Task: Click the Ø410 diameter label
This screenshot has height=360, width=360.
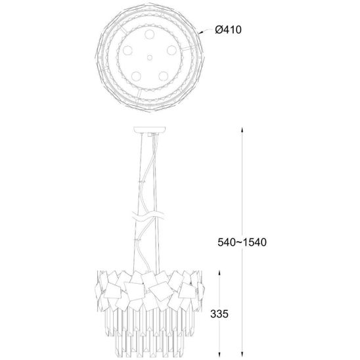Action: click(228, 30)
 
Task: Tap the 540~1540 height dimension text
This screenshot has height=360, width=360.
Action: click(242, 242)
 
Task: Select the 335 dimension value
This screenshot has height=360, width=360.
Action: click(219, 313)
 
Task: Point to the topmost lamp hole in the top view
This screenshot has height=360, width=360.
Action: click(150, 34)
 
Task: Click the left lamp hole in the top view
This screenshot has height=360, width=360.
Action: click(127, 51)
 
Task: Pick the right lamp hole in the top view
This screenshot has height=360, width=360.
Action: click(171, 51)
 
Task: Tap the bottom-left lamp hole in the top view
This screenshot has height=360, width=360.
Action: click(136, 76)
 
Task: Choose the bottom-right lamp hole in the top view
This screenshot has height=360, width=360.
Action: click(163, 76)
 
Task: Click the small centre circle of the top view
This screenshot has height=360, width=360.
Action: click(150, 57)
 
